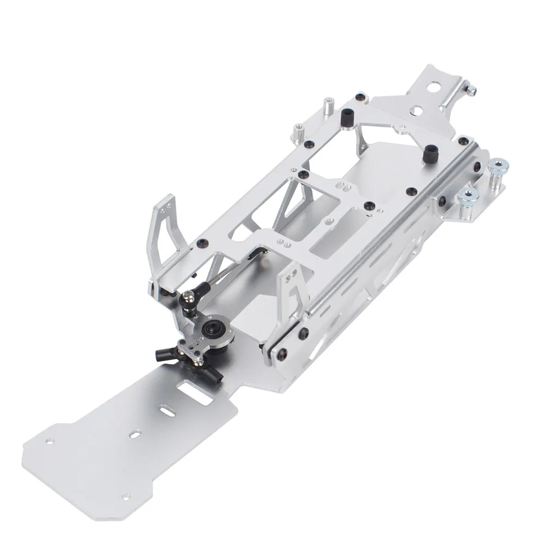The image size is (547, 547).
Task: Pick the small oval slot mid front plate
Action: point(133,435)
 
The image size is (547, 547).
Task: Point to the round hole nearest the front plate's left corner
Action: point(50,439)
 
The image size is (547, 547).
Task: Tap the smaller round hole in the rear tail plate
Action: point(417,110)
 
